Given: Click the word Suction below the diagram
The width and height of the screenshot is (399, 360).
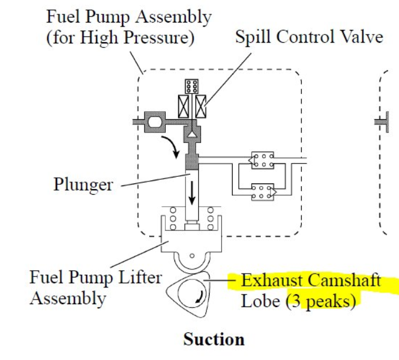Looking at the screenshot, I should [214, 339].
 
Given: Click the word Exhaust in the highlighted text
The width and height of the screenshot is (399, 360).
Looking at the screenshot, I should [272, 281].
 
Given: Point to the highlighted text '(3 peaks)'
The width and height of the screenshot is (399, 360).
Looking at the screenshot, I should [321, 301].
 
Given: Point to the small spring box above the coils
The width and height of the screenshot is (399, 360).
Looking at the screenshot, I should [192, 86].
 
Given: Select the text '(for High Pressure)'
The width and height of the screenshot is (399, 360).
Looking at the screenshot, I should [120, 39].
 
